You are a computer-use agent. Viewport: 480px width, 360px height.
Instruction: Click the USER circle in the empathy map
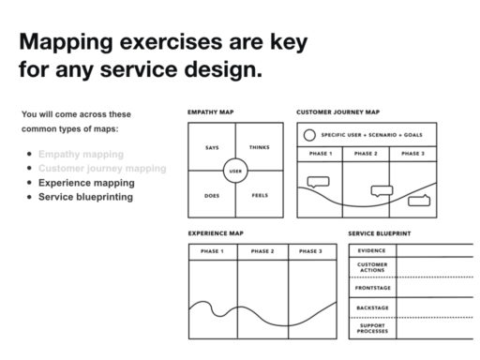point(235,172)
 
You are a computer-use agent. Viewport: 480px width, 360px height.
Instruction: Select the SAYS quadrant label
point(212,148)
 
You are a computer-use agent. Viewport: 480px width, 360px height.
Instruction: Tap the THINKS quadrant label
point(259,148)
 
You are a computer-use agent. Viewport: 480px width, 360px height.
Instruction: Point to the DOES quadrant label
point(212,196)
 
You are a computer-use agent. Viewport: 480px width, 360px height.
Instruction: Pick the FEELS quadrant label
point(259,196)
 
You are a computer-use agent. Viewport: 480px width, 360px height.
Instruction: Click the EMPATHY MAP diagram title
point(211,112)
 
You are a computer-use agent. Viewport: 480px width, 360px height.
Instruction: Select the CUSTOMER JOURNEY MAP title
point(338,112)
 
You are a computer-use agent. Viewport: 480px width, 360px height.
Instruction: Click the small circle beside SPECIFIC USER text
point(308,135)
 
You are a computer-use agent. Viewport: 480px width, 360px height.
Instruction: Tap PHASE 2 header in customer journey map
point(366,153)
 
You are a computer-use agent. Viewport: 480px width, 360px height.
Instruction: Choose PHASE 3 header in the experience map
point(310,251)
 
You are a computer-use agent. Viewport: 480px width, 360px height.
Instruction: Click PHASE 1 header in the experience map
point(213,251)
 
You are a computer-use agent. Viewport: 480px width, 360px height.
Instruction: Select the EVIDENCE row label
point(372,250)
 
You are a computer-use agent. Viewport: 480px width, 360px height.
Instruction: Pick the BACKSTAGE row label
point(372,308)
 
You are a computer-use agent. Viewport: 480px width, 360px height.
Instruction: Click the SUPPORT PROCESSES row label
point(372,327)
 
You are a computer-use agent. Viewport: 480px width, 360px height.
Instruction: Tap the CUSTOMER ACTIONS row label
point(372,268)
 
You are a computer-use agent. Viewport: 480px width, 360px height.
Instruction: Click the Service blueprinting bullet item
point(85,197)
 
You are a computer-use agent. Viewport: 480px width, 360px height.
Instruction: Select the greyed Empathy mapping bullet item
point(81,155)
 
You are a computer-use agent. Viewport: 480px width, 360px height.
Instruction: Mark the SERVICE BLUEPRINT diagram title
point(382,232)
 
